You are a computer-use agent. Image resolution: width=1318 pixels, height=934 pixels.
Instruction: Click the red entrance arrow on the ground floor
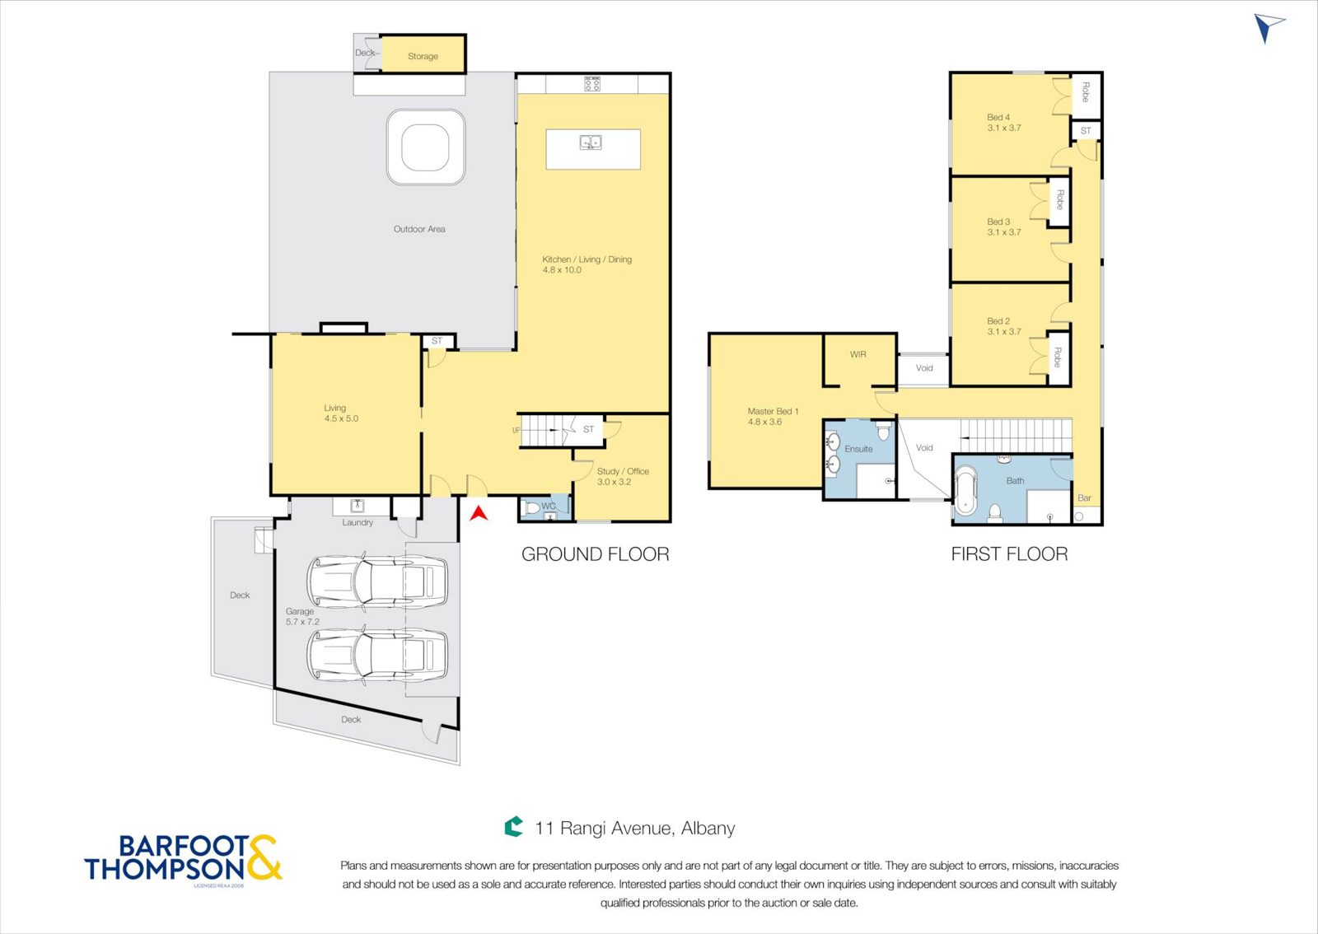tap(479, 513)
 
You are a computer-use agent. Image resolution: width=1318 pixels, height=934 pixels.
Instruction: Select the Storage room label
tap(423, 57)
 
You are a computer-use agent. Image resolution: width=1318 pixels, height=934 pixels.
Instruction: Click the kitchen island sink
tap(590, 142)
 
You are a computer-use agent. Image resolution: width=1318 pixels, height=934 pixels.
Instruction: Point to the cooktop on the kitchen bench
tap(592, 83)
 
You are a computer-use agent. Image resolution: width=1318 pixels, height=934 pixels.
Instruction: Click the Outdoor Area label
tap(419, 229)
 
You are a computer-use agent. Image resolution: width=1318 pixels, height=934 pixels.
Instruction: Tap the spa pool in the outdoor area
tap(425, 147)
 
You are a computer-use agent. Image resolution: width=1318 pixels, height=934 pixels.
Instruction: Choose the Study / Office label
tap(623, 471)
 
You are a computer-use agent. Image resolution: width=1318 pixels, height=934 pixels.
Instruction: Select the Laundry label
tap(358, 522)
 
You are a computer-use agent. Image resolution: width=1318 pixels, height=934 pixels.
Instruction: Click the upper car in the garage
tap(376, 581)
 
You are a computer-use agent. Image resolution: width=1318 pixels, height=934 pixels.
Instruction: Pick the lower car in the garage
tap(376, 654)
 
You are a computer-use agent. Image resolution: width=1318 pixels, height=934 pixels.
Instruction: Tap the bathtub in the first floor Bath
tap(965, 489)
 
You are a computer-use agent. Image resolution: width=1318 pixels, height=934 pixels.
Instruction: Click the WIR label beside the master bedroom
tap(858, 355)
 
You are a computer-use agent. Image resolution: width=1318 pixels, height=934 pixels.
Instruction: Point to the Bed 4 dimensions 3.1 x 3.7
tap(1004, 128)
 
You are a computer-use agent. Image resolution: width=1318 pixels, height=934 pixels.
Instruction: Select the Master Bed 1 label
tap(773, 411)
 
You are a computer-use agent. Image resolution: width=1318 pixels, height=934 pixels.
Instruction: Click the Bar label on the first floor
tap(1084, 497)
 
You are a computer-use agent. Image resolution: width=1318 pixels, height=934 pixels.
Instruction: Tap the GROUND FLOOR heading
tap(595, 554)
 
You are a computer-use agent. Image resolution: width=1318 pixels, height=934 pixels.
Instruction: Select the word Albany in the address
tap(708, 828)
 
